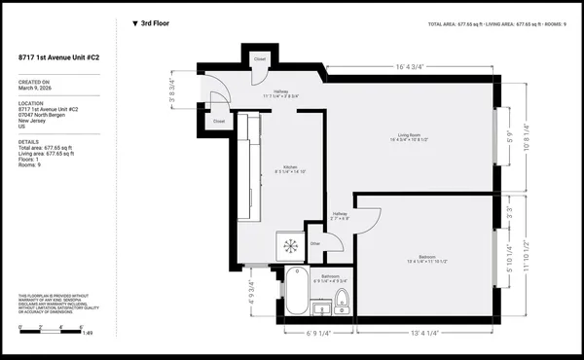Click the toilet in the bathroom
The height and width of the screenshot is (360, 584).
point(341,299)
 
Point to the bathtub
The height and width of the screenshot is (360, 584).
point(297,291)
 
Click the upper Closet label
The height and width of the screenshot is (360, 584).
point(260,58)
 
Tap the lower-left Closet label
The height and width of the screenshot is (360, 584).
point(219,122)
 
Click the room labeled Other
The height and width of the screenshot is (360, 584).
point(314,243)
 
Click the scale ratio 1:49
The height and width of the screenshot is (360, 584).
point(87,334)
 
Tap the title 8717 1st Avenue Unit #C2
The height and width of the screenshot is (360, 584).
point(62,57)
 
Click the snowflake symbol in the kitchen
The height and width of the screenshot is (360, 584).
point(288,246)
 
